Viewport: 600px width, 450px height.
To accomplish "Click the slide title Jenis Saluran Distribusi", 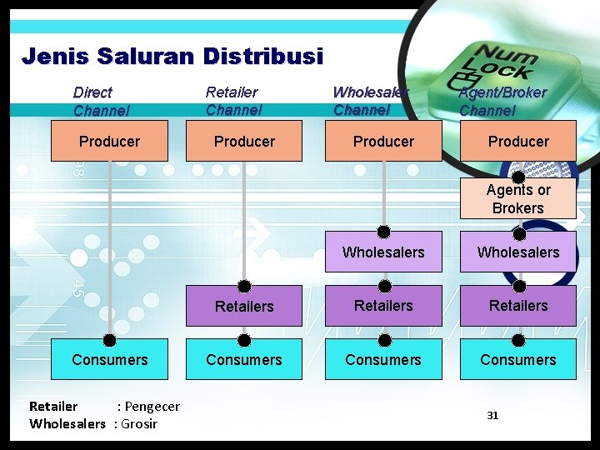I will [x=172, y=57].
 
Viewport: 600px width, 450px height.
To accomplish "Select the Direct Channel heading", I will [x=101, y=101].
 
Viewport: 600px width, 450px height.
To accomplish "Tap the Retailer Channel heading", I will [x=233, y=101].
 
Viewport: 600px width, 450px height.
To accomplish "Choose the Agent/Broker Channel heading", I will [x=502, y=101].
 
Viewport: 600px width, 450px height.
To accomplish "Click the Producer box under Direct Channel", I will [x=109, y=141].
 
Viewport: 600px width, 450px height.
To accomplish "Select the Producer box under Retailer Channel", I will [x=244, y=141].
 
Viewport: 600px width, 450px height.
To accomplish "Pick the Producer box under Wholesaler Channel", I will [x=383, y=141].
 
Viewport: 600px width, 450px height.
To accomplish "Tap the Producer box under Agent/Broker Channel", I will [x=518, y=141].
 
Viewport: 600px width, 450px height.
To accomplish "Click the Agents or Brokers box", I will [x=518, y=199].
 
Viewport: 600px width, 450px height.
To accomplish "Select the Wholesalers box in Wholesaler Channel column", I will [x=383, y=252].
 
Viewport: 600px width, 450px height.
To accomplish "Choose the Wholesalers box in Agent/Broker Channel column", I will [x=518, y=252].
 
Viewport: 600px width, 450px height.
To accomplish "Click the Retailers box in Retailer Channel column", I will [x=244, y=307].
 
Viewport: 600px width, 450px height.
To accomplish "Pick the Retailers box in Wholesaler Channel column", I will [x=383, y=306].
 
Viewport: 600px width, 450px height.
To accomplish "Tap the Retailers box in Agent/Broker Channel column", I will [x=518, y=306].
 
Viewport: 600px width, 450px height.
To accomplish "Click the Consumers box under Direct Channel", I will [x=109, y=360].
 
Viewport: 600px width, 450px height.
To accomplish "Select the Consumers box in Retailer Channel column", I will [x=244, y=360].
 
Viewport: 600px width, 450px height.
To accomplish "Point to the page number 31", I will [x=492, y=415].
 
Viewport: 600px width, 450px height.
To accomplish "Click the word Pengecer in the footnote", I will [x=152, y=407].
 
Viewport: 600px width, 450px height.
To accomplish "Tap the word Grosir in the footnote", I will [x=139, y=423].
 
